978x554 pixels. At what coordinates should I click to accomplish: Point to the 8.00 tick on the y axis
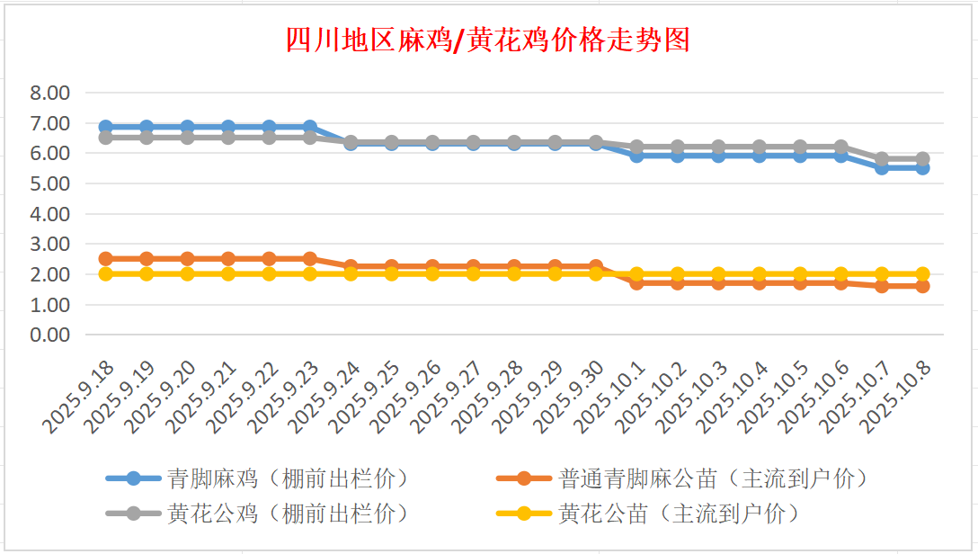point(49,93)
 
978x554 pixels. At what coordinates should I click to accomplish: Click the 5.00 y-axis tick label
point(49,183)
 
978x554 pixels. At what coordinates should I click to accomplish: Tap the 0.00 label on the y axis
point(49,335)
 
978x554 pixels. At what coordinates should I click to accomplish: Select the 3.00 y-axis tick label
point(49,245)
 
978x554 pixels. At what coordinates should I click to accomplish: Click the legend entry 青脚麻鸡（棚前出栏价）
point(288,478)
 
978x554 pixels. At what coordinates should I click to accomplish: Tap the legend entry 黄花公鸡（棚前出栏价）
point(288,514)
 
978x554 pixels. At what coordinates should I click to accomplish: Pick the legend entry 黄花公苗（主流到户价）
point(679,514)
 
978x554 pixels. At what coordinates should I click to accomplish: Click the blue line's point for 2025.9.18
point(106,127)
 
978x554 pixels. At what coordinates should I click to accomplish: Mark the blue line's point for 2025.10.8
point(922,167)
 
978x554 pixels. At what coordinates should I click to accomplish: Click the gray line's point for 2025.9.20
point(187,137)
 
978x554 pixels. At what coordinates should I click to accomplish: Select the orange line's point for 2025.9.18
point(106,259)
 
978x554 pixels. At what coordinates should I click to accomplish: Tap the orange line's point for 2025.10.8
point(922,286)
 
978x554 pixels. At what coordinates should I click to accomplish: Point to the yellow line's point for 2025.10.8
point(922,274)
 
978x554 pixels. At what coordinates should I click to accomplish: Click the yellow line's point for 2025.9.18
point(106,274)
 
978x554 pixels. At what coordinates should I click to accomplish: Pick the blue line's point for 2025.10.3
point(718,155)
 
